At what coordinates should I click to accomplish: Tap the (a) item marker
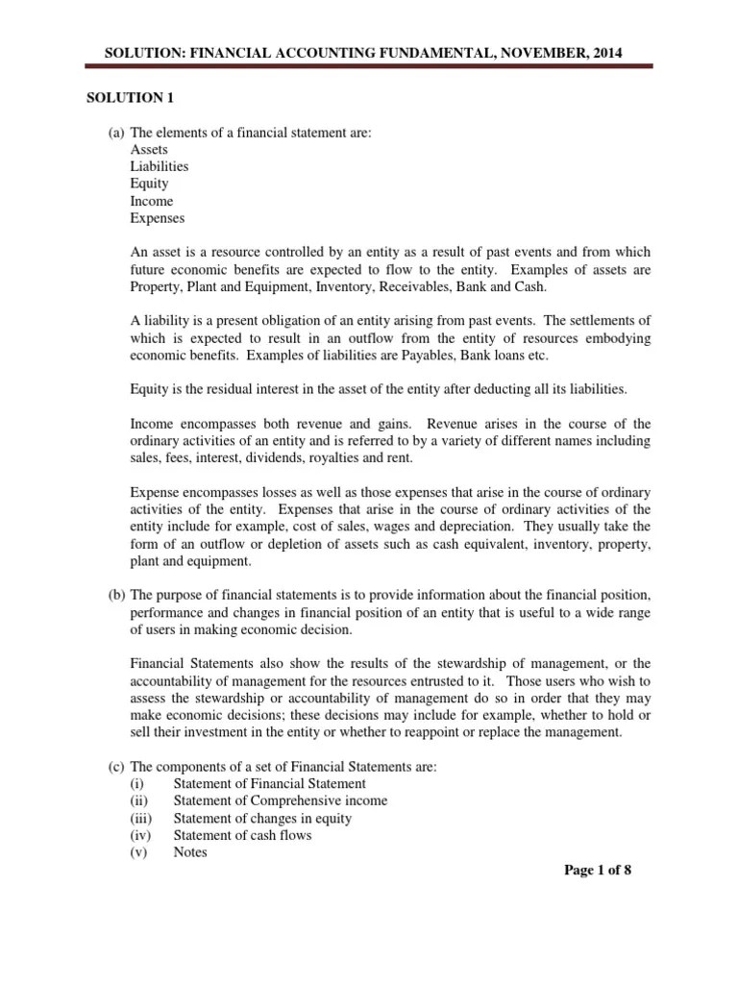pos(116,133)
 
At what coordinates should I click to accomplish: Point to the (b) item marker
pos(116,596)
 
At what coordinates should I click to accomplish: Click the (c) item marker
pos(116,766)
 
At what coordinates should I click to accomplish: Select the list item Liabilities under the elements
pos(159,166)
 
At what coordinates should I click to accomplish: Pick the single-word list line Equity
pos(149,184)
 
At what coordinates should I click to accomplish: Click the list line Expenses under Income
pos(157,218)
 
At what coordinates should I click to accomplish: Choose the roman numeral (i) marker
pos(138,783)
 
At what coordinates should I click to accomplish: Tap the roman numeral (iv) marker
pos(141,835)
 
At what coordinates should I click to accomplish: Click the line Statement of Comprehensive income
pos(281,800)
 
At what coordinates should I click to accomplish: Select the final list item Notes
pos(190,852)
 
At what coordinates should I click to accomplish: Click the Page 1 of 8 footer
pos(597,871)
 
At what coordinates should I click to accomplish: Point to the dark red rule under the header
pos(368,66)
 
